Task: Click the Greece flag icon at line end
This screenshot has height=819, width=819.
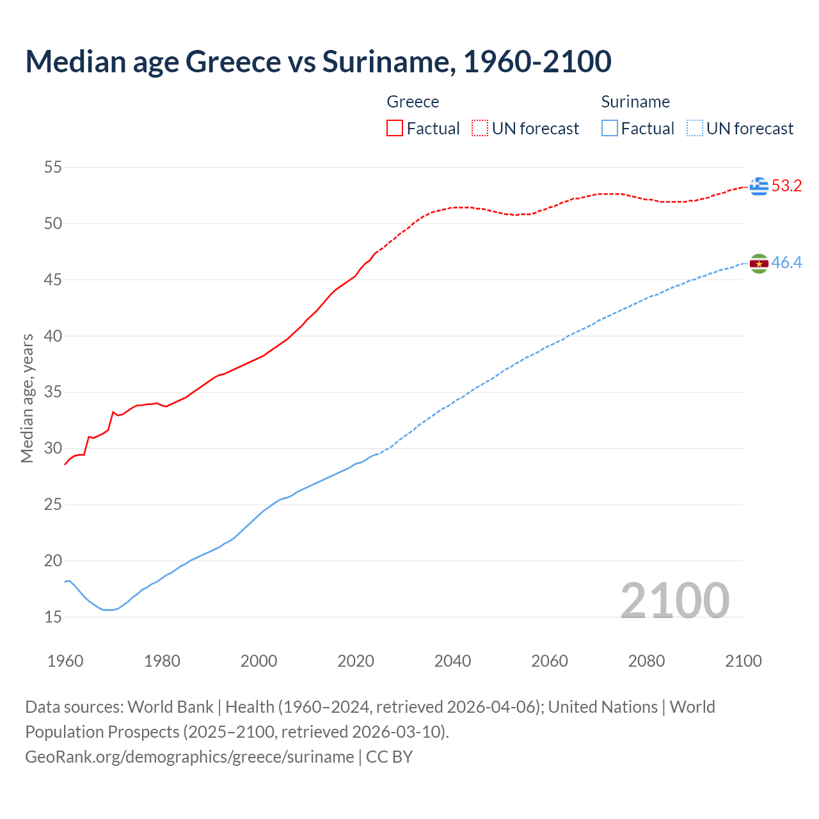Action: point(759,186)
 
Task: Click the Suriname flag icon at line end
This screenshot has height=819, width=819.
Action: point(759,263)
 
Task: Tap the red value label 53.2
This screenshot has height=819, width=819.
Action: point(786,186)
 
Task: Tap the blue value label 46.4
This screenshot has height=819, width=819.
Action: point(786,263)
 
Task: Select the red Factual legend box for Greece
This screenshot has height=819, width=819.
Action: point(395,128)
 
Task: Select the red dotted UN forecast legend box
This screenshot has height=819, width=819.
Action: point(480,128)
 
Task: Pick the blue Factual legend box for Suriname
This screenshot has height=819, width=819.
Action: point(610,128)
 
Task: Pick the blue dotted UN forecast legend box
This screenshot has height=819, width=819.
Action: point(694,128)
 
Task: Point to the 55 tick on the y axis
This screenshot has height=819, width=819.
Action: point(52,168)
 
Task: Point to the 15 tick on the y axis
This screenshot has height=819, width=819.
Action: point(52,617)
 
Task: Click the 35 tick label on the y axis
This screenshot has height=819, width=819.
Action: point(52,392)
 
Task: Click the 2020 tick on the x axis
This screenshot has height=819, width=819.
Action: point(356,661)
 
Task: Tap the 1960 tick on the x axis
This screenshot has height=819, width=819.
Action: point(65,661)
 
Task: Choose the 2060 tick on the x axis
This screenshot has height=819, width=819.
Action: point(550,661)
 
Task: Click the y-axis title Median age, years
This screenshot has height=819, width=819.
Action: point(27,398)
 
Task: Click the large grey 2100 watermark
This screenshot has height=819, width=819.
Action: point(674,600)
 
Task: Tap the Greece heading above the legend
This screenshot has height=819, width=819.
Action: point(413,102)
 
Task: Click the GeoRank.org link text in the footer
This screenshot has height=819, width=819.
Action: point(189,757)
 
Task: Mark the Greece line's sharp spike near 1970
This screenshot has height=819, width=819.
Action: point(113,412)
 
